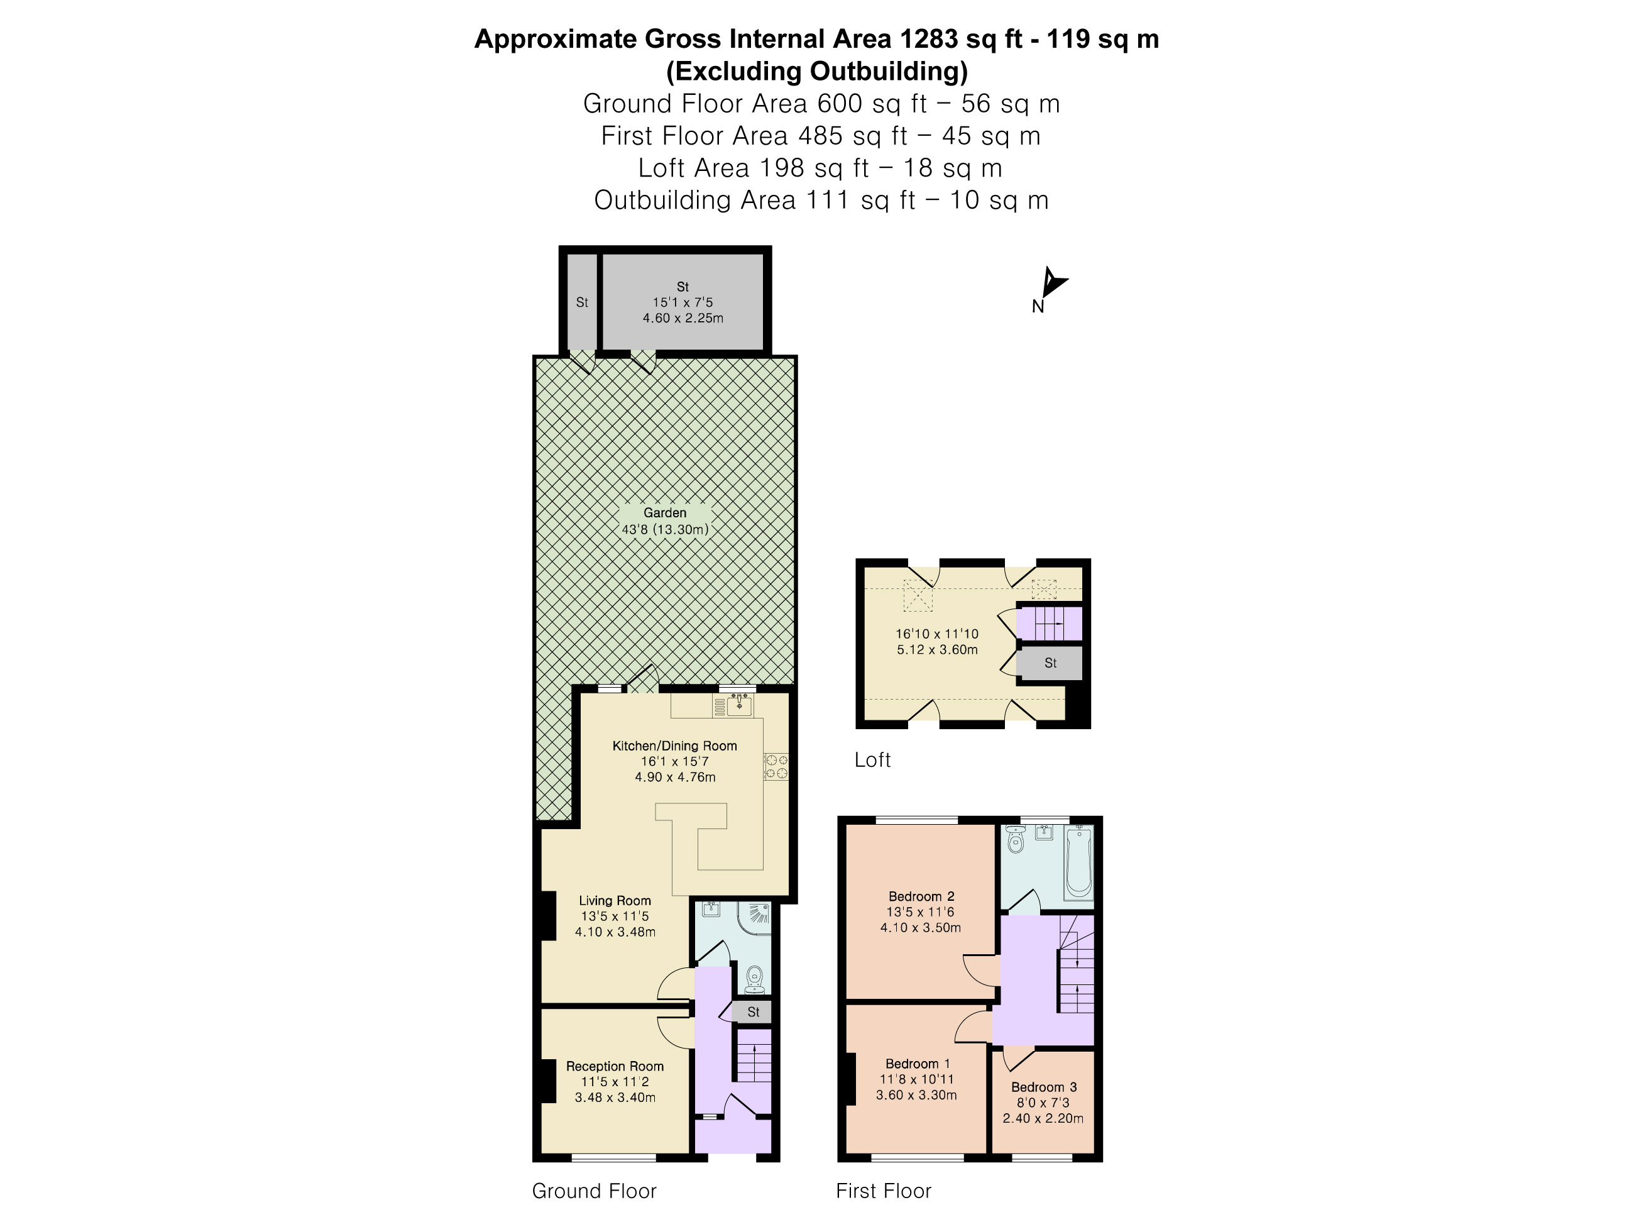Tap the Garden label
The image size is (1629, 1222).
[x=664, y=513]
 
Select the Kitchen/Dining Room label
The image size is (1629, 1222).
[x=674, y=746]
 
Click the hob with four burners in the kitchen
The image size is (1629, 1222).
[x=776, y=766]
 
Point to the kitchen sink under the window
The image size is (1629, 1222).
[x=738, y=707]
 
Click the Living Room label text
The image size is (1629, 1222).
[x=614, y=900]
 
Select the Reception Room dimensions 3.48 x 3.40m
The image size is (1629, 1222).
[x=615, y=1097]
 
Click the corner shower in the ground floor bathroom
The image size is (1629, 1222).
[x=756, y=917]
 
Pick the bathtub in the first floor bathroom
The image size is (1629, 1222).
[x=1080, y=862]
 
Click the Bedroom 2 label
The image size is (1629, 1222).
[x=921, y=896]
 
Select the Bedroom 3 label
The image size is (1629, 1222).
[x=1043, y=1086]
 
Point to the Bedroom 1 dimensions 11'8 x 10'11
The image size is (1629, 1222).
[x=917, y=1079]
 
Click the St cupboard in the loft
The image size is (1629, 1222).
[x=1050, y=663]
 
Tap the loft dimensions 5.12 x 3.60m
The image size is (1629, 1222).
[x=937, y=650]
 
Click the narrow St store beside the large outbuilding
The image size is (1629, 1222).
[x=582, y=302]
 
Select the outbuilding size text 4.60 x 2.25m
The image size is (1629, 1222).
[x=683, y=318]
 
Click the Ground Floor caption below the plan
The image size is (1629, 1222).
[x=593, y=1191]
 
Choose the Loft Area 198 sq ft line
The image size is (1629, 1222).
[x=820, y=168]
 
